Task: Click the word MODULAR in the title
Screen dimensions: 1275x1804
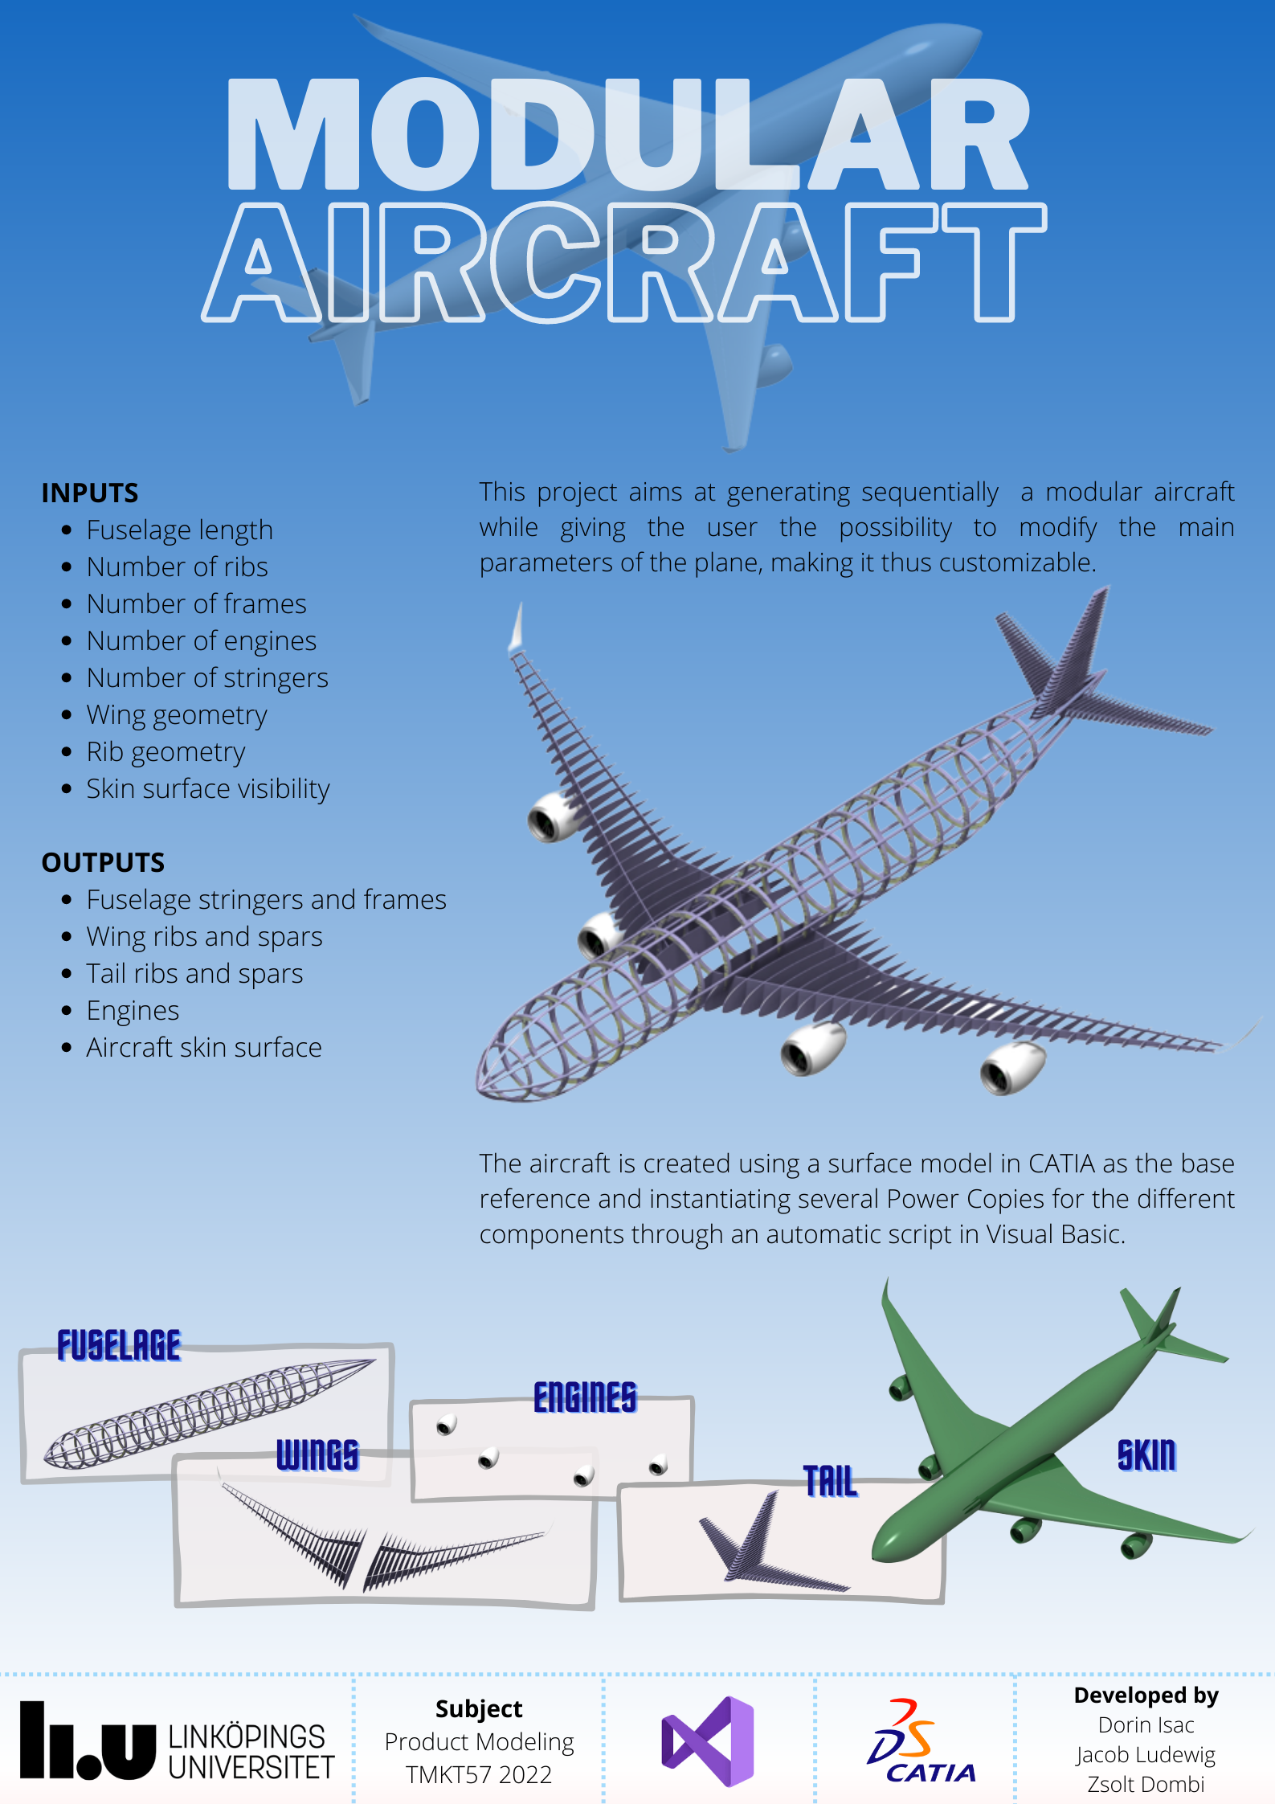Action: click(x=628, y=134)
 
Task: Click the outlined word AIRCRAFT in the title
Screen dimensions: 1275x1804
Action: click(x=624, y=262)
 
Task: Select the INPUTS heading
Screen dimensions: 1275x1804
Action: click(x=90, y=493)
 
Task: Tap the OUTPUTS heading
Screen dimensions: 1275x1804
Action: click(x=103, y=862)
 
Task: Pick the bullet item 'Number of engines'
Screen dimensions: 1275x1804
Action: click(x=202, y=641)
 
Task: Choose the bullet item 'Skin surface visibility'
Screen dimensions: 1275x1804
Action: click(x=208, y=789)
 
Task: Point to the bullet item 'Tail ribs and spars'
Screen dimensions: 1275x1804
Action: click(x=195, y=974)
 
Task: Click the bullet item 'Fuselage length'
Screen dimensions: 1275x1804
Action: click(x=180, y=530)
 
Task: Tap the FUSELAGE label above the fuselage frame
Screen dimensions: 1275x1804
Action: click(x=119, y=1346)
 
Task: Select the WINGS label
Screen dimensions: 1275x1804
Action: click(x=318, y=1455)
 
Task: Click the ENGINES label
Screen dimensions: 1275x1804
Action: click(x=585, y=1397)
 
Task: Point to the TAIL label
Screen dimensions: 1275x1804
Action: click(x=831, y=1481)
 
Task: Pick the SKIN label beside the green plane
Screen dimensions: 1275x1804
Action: click(x=1146, y=1455)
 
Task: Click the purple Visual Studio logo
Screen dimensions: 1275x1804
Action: click(x=708, y=1741)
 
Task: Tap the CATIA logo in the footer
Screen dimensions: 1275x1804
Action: click(x=922, y=1741)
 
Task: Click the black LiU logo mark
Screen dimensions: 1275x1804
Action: click(x=88, y=1740)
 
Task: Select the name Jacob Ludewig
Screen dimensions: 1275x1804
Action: click(x=1146, y=1754)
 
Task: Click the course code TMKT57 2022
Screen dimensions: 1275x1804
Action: click(x=479, y=1774)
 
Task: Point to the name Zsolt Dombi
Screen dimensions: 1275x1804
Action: click(x=1146, y=1784)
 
